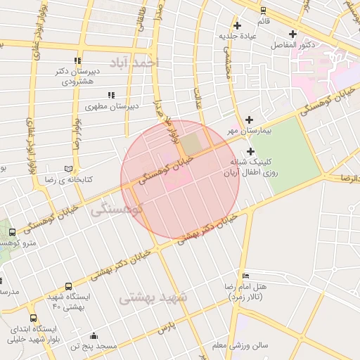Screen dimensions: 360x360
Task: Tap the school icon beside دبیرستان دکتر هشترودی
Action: click(77, 60)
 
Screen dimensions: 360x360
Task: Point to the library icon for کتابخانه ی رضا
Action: click(68, 169)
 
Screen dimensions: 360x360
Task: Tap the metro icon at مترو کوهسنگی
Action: click(12, 233)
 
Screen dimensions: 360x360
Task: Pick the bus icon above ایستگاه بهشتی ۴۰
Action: click(68, 287)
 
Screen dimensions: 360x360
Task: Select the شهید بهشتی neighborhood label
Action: click(153, 297)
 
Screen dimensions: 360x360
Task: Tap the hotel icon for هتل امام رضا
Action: click(245, 275)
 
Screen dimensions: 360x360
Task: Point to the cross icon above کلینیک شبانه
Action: click(250, 151)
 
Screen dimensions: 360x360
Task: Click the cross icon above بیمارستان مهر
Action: click(250, 120)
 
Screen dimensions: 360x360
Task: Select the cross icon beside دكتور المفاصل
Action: click(293, 34)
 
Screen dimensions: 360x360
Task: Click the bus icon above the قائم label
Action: click(263, 11)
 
